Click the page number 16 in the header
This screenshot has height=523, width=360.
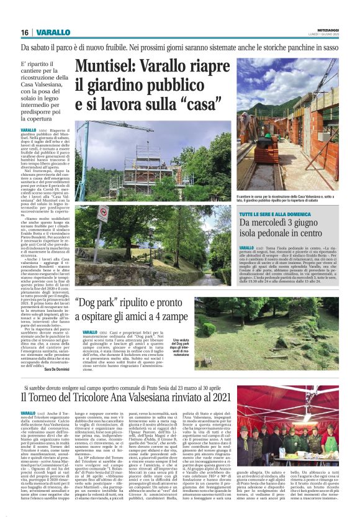[x=25, y=32]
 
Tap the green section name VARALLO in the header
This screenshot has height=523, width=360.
[x=49, y=32]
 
